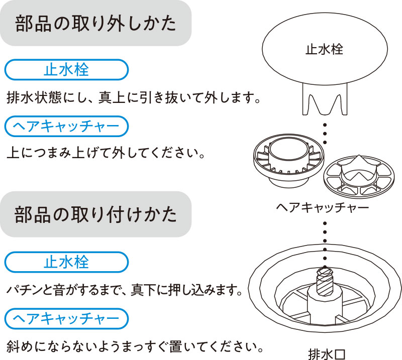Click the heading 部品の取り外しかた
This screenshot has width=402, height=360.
96,24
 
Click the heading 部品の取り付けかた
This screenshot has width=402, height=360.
96,214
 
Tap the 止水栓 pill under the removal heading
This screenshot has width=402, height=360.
66,70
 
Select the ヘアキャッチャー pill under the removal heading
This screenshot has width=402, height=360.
66,127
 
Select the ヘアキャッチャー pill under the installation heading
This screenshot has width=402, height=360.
66,319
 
